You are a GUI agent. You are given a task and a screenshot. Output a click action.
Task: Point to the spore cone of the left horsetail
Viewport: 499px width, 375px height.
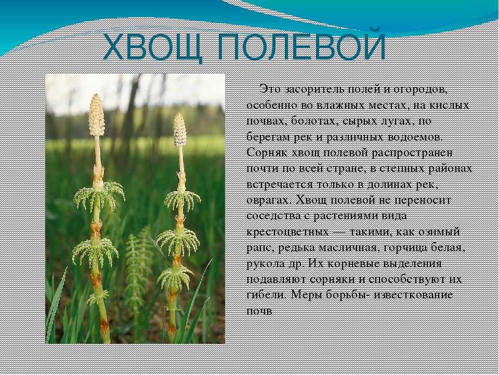click(97, 115)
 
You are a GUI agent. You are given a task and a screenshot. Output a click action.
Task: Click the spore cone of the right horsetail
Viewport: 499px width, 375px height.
click(180, 130)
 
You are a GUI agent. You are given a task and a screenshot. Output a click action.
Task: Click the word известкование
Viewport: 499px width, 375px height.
click(413, 294)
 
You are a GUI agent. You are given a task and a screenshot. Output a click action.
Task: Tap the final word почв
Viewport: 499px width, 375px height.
click(259, 311)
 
